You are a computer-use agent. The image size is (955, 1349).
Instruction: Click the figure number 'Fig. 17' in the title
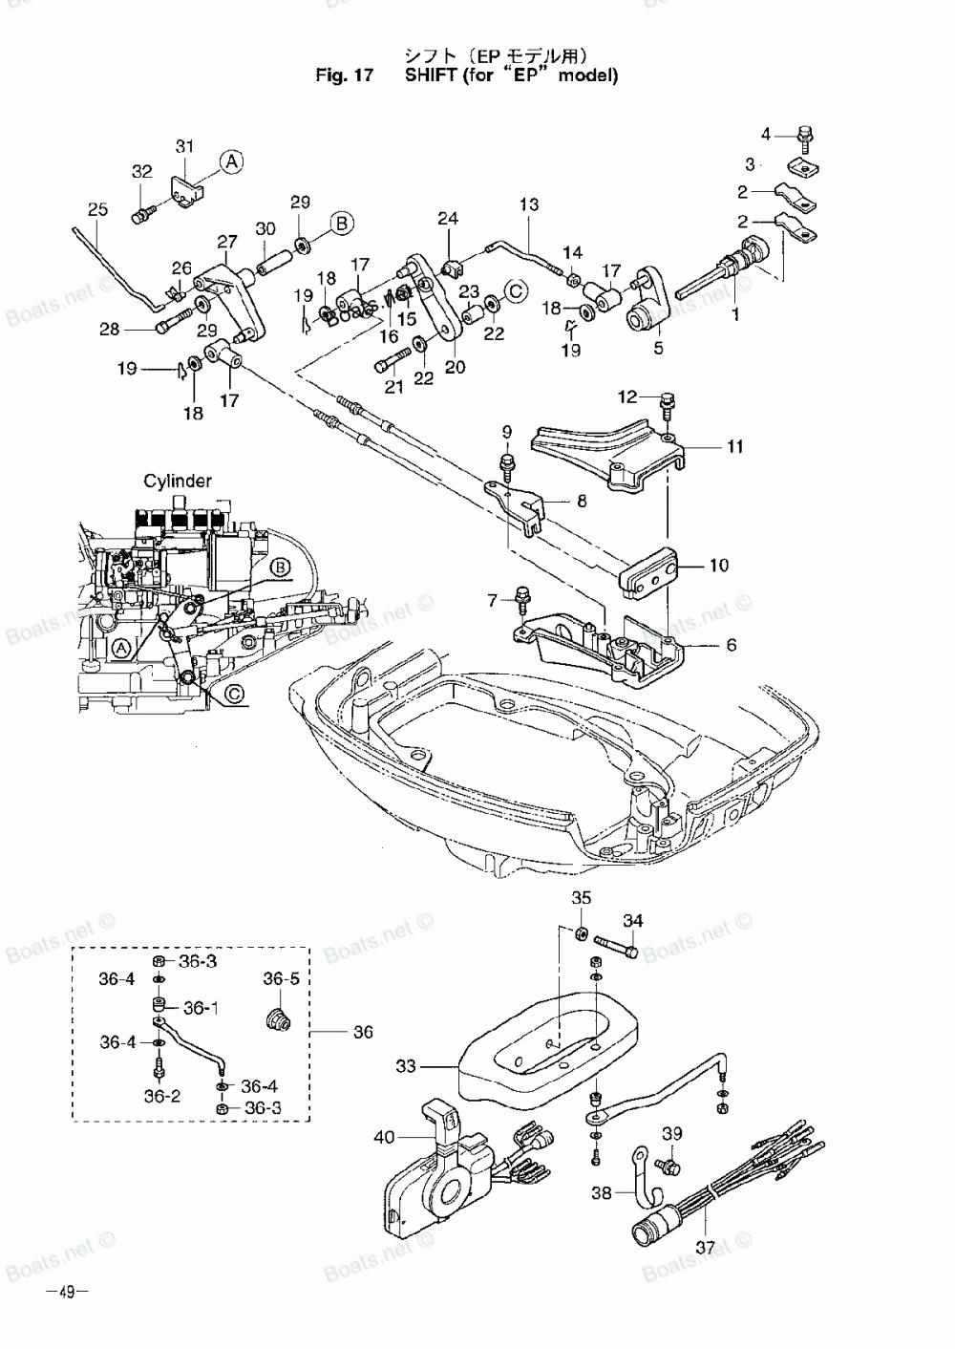(x=345, y=75)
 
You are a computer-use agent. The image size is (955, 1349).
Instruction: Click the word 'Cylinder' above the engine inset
(x=178, y=482)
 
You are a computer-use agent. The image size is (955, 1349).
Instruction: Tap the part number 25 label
(x=97, y=209)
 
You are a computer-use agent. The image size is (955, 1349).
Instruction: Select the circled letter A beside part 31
(x=232, y=161)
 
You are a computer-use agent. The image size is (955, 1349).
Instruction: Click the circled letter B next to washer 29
(x=342, y=224)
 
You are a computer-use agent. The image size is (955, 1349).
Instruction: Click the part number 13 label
(x=529, y=204)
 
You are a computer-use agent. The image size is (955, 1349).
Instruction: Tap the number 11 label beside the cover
(x=734, y=446)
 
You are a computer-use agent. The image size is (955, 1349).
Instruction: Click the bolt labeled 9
(x=506, y=467)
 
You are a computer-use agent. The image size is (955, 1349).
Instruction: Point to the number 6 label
(x=732, y=645)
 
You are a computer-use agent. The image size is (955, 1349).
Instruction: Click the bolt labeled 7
(x=520, y=599)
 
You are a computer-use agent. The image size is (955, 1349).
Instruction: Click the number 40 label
(x=384, y=1137)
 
